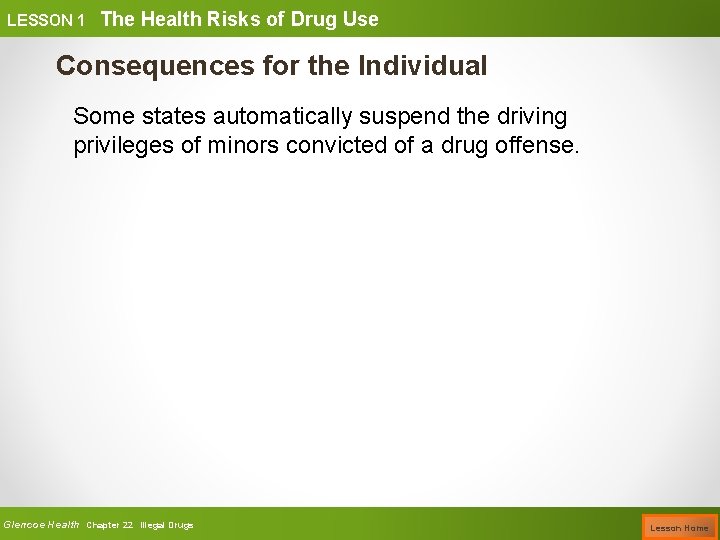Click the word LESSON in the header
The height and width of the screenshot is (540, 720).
pos(38,19)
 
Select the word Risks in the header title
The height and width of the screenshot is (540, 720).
pos(229,18)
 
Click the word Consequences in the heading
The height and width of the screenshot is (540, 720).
pos(140,66)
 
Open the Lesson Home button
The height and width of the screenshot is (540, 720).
pos(680,526)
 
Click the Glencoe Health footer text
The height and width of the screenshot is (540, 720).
pos(41,524)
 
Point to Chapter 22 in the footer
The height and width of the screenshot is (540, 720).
pos(110,525)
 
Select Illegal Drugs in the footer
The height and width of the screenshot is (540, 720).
pos(167,525)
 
